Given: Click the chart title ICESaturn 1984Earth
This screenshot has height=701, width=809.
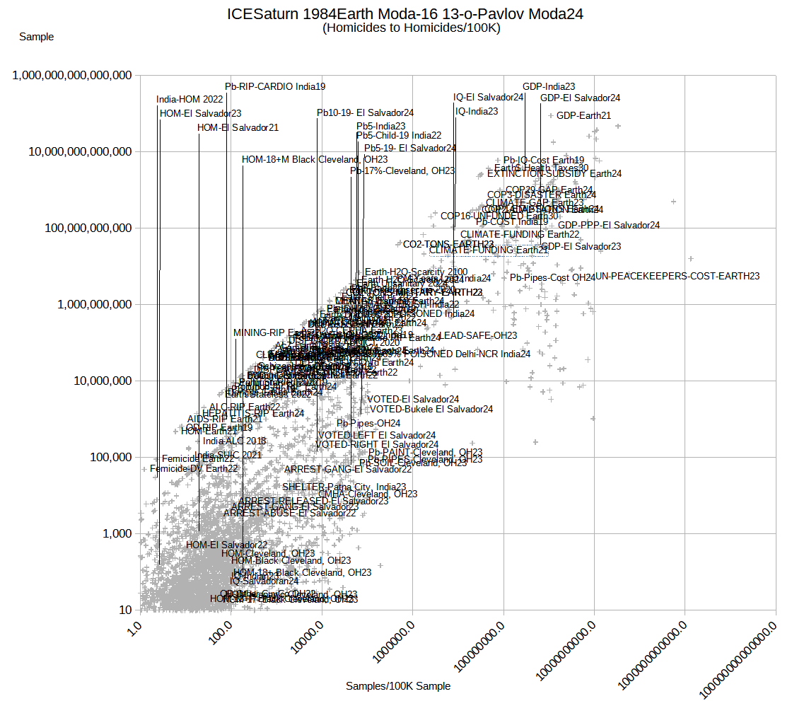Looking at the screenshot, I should [405, 13].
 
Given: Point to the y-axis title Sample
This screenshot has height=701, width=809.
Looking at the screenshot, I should [36, 37].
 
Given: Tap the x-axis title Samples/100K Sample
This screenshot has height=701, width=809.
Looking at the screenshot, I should [398, 685].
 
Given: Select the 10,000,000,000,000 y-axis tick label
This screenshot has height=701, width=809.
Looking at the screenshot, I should [72, 151].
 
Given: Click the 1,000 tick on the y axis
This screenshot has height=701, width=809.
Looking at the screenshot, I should [115, 533].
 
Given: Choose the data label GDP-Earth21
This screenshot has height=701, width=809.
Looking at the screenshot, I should [583, 115].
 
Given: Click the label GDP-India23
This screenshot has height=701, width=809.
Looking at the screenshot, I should [549, 86].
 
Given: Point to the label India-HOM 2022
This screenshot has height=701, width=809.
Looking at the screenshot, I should [190, 99].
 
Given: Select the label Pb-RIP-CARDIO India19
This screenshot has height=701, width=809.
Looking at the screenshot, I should [275, 86].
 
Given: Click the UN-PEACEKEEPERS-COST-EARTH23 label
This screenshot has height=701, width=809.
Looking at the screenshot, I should [677, 276].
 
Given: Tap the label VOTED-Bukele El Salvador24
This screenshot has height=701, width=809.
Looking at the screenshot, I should [431, 409].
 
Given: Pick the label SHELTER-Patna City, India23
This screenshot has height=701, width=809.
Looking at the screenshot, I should [344, 487].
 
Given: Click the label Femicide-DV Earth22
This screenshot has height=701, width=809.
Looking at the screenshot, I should [194, 468].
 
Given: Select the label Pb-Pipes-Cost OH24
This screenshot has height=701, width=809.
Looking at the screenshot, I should [552, 278].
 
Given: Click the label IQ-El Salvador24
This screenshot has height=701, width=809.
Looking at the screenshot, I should [489, 97].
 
